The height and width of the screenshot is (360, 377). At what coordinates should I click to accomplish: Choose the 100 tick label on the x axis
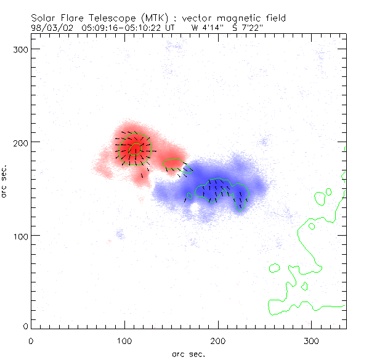124,340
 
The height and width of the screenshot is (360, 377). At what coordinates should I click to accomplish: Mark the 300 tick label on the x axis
312,340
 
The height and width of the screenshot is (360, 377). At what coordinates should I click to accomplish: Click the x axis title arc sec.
188,354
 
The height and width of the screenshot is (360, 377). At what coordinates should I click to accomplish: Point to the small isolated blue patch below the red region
120,234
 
